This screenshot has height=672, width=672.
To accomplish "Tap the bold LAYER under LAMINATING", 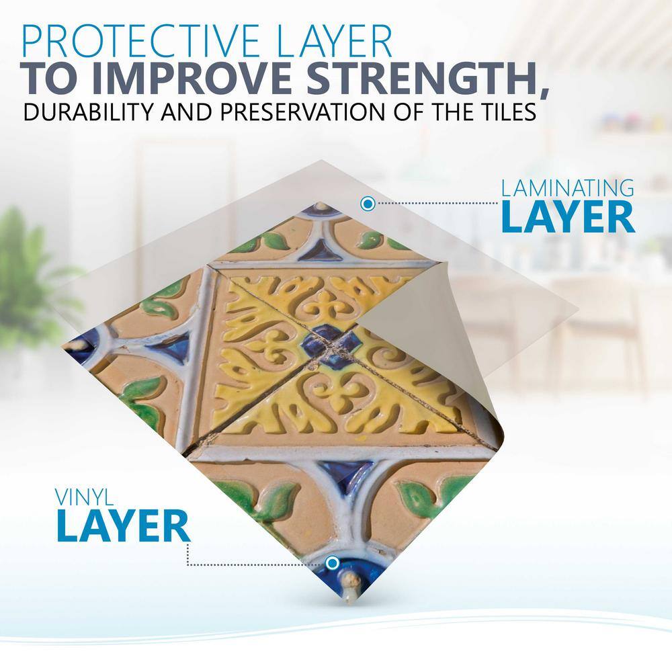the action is click(x=568, y=217).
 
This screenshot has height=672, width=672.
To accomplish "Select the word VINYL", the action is click(x=84, y=497).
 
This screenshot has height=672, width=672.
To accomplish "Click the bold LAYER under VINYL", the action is click(x=123, y=526).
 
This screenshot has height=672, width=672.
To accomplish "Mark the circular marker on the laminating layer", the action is click(x=368, y=204).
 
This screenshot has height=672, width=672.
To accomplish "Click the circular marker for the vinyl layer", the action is click(x=332, y=562).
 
